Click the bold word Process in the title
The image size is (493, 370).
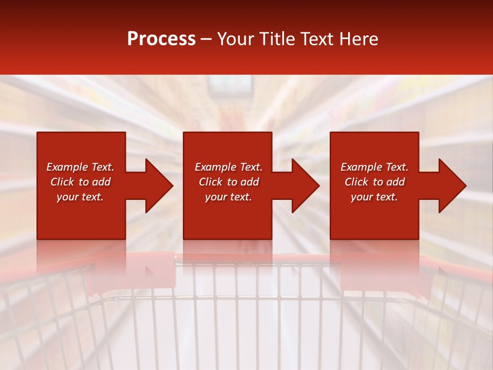pos(161,39)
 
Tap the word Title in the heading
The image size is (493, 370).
pos(277,39)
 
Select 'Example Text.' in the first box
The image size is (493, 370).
pos(80,167)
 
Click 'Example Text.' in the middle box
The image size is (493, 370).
pos(229,167)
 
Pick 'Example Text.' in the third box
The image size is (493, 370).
pos(374,167)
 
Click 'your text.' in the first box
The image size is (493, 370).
pos(80,197)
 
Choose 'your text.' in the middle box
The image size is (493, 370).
pos(229,197)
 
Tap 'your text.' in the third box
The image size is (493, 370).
pos(374,197)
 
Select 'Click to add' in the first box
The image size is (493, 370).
pos(80,182)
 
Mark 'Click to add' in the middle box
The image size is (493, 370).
pos(229,182)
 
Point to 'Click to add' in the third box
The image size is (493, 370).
pos(374,182)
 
